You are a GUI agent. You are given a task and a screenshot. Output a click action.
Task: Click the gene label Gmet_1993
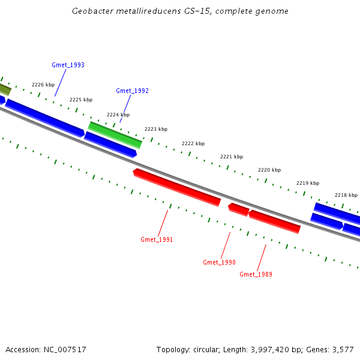(68, 65)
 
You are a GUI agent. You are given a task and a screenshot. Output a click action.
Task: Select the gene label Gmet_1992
(132, 91)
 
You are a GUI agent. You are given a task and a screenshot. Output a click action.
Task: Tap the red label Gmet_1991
(157, 239)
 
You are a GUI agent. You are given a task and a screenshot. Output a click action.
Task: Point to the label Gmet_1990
(219, 262)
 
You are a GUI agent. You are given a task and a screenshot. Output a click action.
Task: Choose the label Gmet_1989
(256, 274)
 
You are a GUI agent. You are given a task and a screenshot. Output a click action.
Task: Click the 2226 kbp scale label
(43, 85)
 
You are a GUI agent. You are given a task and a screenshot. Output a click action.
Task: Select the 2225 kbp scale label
(81, 100)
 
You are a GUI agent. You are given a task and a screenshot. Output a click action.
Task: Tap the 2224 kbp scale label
(118, 114)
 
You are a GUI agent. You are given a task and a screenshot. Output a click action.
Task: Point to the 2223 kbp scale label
(156, 129)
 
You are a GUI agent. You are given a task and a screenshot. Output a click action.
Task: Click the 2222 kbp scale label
(193, 143)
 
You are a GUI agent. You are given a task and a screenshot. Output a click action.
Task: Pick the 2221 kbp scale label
(232, 157)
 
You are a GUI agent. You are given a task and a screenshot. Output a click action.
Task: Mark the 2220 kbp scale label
(269, 170)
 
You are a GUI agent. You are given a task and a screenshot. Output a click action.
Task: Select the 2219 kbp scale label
(308, 183)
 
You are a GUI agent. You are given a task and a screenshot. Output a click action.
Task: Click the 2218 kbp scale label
(346, 195)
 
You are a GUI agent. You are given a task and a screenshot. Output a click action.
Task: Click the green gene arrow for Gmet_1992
(115, 135)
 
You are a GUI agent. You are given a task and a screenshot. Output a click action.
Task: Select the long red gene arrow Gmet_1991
(177, 187)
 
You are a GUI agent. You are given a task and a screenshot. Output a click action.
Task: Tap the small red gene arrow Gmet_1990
(239, 209)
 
